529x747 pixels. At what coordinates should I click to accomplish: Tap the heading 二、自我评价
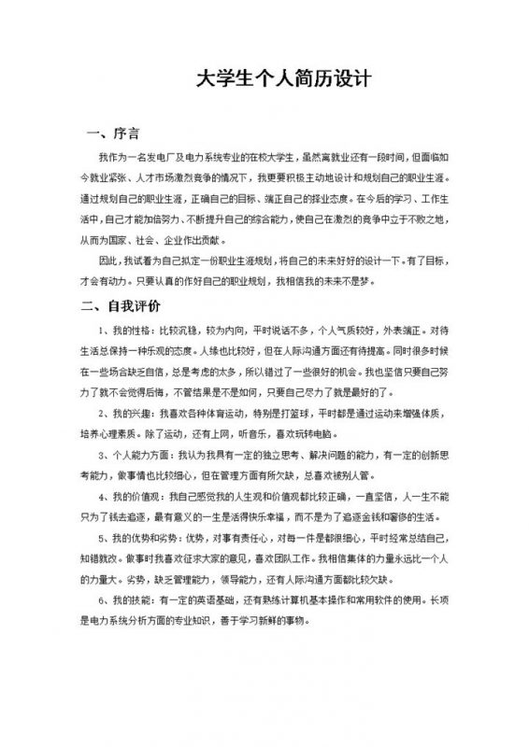pos(121,305)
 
